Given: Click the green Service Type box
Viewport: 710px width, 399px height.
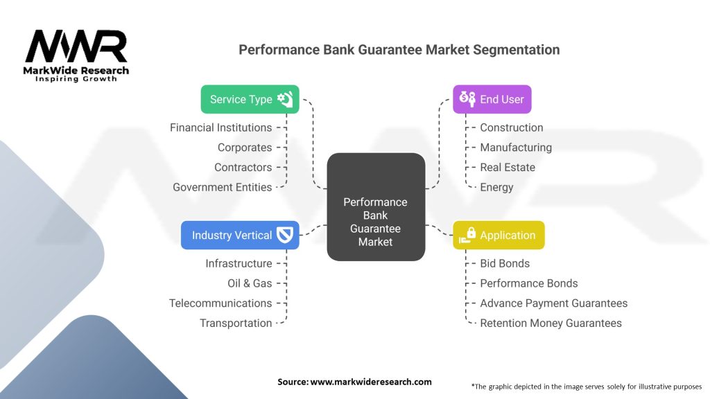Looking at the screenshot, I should (x=250, y=99).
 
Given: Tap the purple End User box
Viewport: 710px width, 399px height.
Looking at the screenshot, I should (x=492, y=99).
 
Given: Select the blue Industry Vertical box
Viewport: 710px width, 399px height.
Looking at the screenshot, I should (x=240, y=235).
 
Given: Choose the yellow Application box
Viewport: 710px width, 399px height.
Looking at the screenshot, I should (x=499, y=235).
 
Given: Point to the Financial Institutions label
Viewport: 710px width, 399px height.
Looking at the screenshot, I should (x=220, y=127).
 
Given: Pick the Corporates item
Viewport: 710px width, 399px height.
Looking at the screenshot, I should (x=244, y=148).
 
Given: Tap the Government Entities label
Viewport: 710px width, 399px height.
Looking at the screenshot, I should (x=222, y=187).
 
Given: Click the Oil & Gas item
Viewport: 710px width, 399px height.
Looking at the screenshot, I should (x=250, y=283).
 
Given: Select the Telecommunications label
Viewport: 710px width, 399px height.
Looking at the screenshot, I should (x=220, y=303).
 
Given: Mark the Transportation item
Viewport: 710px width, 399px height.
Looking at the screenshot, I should (x=236, y=323).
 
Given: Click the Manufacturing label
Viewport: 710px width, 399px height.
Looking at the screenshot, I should (x=516, y=148).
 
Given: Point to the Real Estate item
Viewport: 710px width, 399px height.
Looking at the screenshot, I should (x=508, y=167).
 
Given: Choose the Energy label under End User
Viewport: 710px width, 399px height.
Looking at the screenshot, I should (x=496, y=187).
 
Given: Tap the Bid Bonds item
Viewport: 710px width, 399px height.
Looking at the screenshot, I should (x=505, y=263).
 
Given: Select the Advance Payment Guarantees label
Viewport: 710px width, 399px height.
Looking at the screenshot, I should (x=553, y=303).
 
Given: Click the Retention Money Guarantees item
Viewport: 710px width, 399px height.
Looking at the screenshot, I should (x=551, y=323).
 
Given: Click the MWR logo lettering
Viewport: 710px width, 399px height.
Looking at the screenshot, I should (x=76, y=47).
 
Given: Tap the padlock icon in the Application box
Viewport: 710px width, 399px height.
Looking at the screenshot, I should (x=471, y=233).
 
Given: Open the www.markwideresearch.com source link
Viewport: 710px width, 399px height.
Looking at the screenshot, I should (x=371, y=382).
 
